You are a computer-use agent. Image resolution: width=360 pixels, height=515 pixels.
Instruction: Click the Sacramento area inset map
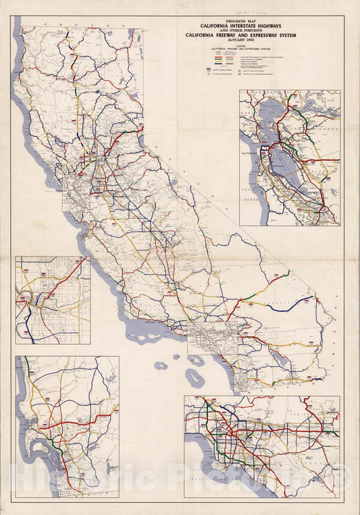(x=53, y=300)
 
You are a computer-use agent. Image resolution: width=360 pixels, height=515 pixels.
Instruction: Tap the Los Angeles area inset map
(x=262, y=445)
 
